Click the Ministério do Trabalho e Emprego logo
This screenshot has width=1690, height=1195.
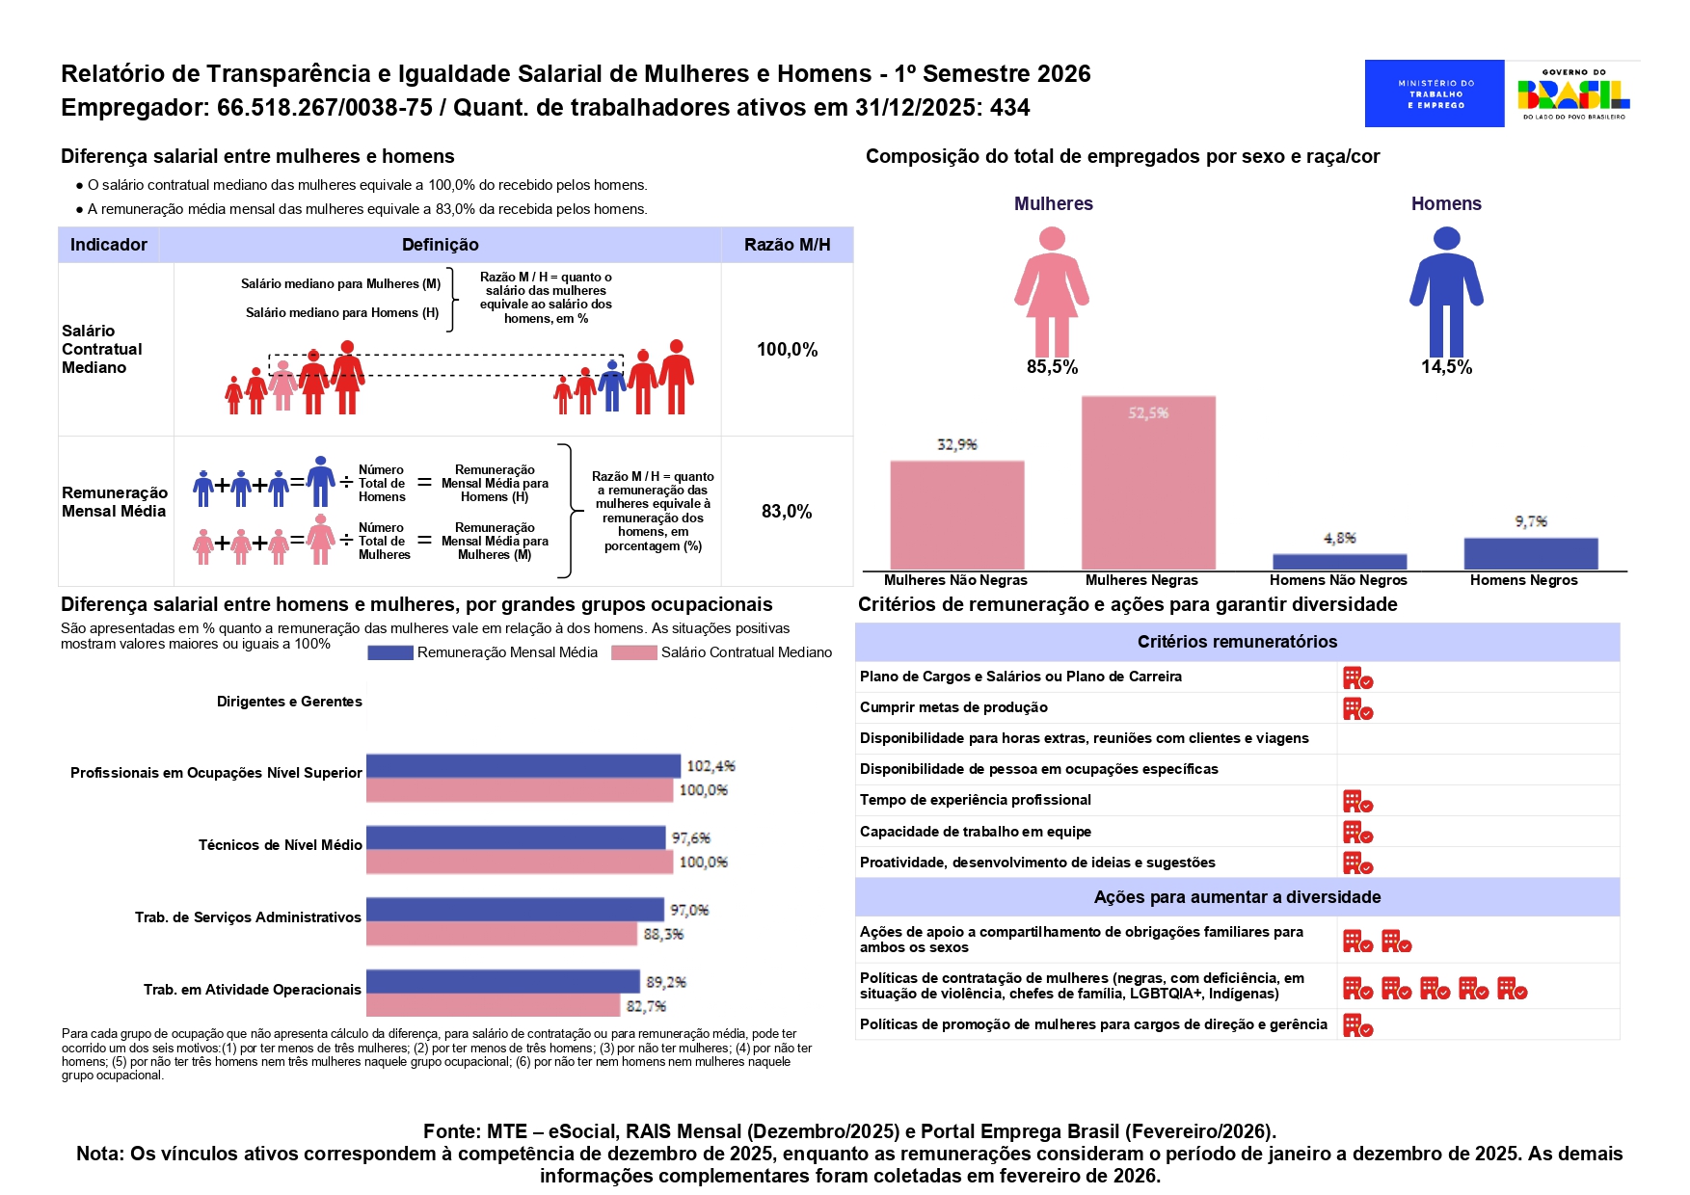pyautogui.click(x=1434, y=93)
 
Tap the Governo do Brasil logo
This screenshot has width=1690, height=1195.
pyautogui.click(x=1573, y=93)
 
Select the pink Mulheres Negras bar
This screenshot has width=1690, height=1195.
pyautogui.click(x=1147, y=483)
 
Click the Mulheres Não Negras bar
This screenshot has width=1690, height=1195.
pyautogui.click(x=956, y=515)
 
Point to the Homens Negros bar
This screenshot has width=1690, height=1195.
pyautogui.click(x=1530, y=553)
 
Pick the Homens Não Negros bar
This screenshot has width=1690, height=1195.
pyautogui.click(x=1339, y=561)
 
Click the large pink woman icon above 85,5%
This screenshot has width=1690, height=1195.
pyautogui.click(x=1052, y=291)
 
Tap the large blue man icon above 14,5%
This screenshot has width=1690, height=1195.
pyautogui.click(x=1446, y=291)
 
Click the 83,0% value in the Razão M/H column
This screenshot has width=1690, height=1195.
pyautogui.click(x=787, y=512)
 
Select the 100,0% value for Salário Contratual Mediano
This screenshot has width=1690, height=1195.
pyautogui.click(x=787, y=350)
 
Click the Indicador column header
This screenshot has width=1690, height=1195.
pyautogui.click(x=109, y=245)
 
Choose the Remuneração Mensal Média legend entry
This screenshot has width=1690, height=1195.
pyautogui.click(x=483, y=652)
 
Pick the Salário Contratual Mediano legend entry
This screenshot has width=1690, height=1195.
pyautogui.click(x=722, y=652)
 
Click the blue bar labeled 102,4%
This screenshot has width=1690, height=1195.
pyautogui.click(x=523, y=766)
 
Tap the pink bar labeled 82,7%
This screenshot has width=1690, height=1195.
pyautogui.click(x=493, y=1006)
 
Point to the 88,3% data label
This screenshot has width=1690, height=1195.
pyautogui.click(x=663, y=934)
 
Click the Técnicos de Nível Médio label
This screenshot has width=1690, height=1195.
pyautogui.click(x=280, y=845)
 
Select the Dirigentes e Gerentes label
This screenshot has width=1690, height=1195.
pyautogui.click(x=289, y=702)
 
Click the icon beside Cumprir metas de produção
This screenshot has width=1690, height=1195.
pyautogui.click(x=1357, y=709)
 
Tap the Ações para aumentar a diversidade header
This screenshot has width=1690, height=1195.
pyautogui.click(x=1237, y=897)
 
